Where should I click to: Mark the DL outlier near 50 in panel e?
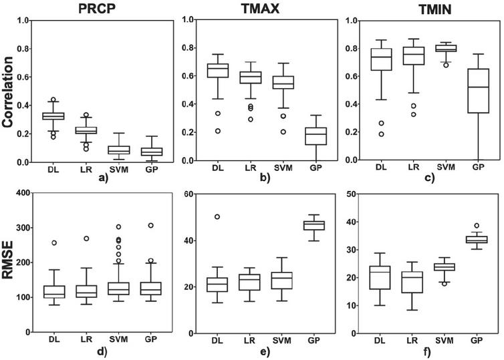tap(217, 217)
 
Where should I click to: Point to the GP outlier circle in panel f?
tap(478, 226)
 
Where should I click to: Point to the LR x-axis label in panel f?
tap(412, 340)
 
